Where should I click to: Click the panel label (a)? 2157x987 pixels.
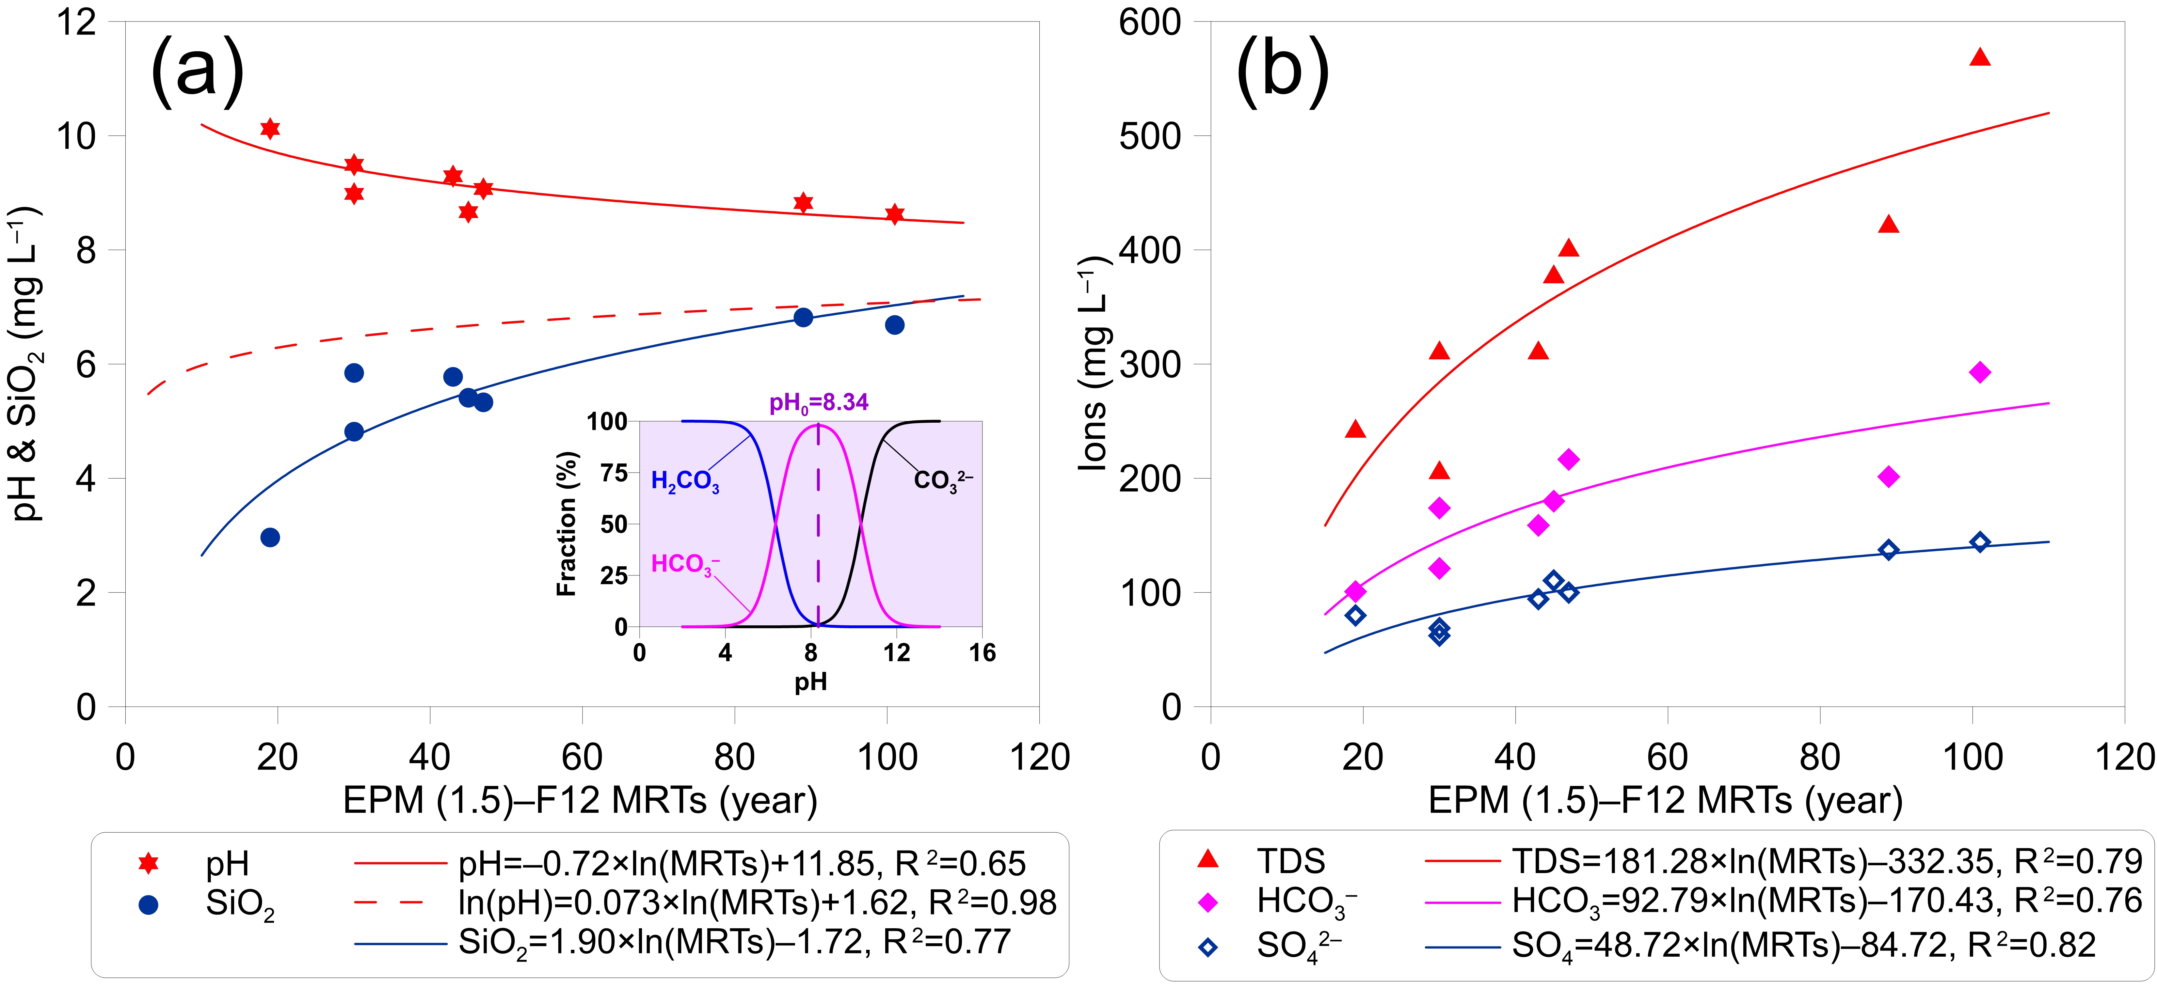click(x=198, y=69)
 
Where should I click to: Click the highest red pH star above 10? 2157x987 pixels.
click(x=270, y=128)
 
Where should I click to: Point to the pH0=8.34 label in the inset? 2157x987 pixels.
click(x=818, y=403)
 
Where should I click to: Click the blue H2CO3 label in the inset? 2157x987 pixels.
click(x=685, y=481)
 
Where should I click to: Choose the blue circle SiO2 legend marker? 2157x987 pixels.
click(x=148, y=905)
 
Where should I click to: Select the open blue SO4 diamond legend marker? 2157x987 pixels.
click(x=1207, y=947)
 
